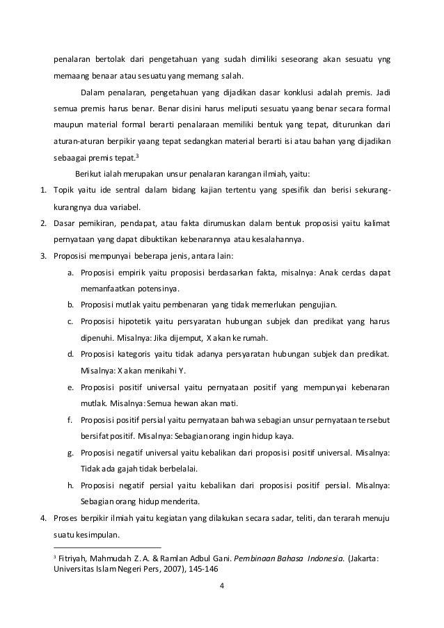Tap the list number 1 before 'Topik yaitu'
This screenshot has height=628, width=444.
[x=42, y=190]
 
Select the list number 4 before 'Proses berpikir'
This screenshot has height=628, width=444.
[x=42, y=518]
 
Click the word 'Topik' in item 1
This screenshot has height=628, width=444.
[x=65, y=190]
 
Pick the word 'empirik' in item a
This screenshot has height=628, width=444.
[x=140, y=272]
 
